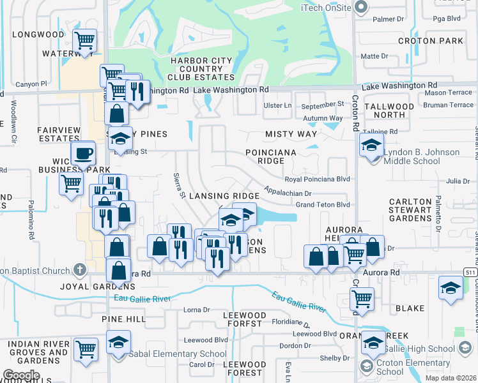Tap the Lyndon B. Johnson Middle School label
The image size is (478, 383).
421,157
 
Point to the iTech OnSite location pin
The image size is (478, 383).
360,7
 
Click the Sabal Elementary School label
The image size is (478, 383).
177,354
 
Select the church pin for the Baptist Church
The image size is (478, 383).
79,271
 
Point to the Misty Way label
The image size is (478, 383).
291,134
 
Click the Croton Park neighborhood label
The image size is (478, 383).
429,41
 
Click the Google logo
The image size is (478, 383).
21,375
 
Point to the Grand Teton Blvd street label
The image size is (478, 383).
322,205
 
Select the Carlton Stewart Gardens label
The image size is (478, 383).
419,210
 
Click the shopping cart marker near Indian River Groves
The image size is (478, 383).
86,349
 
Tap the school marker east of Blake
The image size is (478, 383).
451,288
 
